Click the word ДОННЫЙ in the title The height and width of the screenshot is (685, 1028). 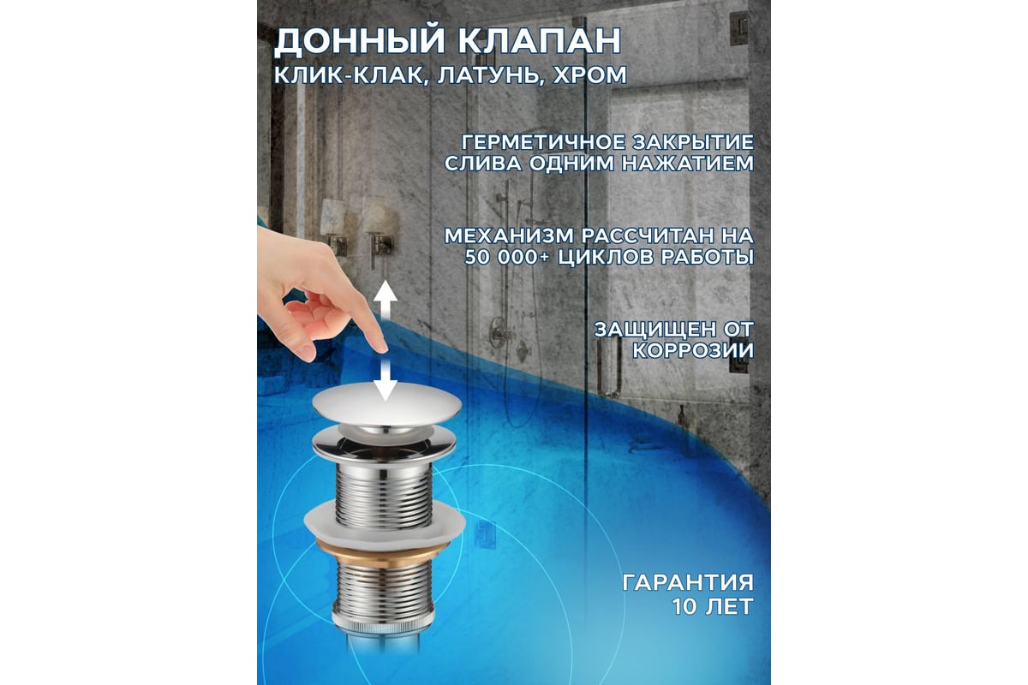click(x=360, y=41)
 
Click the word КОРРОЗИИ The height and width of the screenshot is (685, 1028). click(x=693, y=351)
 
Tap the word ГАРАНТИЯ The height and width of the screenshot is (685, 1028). click(x=688, y=583)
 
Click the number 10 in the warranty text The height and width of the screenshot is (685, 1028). click(x=684, y=606)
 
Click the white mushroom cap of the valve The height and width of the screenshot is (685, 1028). click(x=386, y=404)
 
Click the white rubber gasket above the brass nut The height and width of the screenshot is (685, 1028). click(x=385, y=524)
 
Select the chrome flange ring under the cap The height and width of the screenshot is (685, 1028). click(x=385, y=444)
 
